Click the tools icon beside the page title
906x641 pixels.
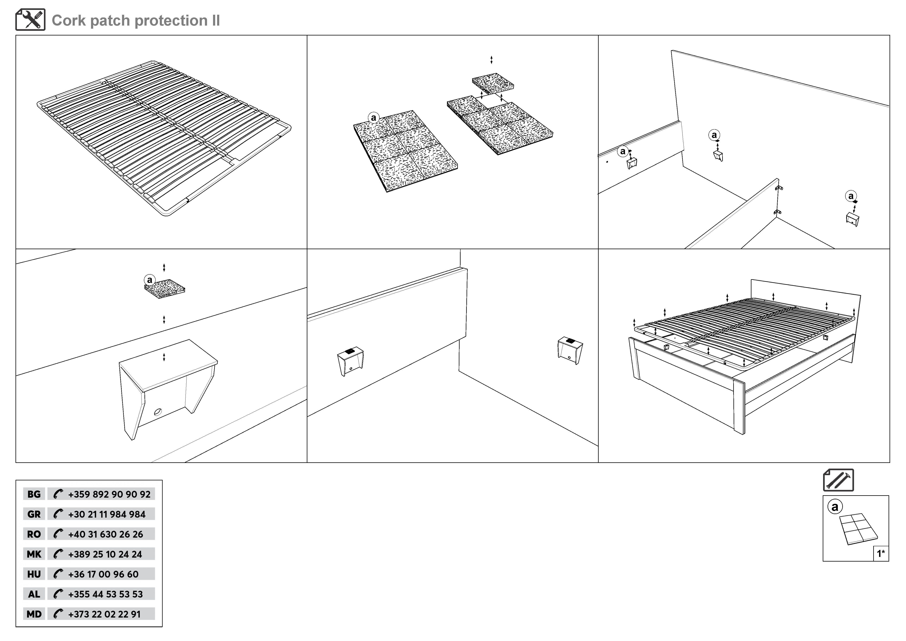30,20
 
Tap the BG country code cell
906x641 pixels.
34,494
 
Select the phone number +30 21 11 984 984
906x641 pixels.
107,514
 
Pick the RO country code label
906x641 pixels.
34,534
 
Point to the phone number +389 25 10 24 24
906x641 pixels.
105,554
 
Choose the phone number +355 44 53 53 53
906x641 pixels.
105,594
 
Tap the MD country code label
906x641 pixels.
34,614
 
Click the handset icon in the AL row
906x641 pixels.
58,594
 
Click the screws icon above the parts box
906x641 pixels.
838,480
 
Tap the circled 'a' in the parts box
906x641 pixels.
835,507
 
